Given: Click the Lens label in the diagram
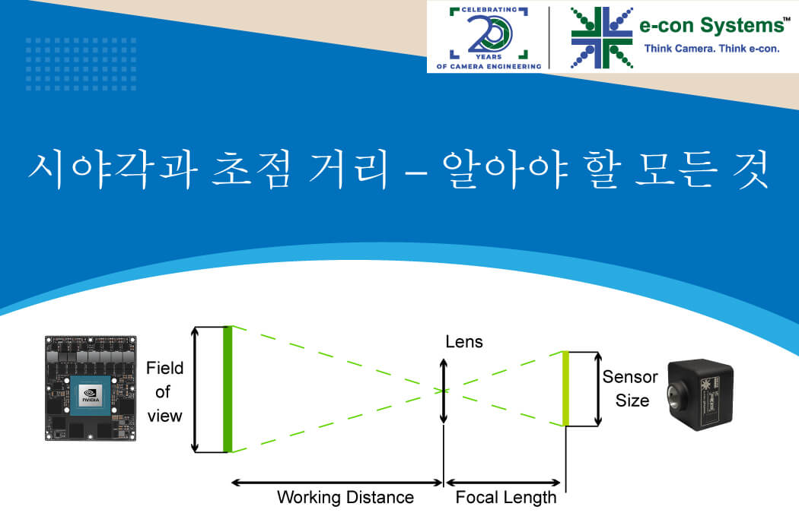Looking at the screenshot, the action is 463,341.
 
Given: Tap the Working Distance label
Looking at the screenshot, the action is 345,497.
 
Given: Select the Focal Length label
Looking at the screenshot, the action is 505,497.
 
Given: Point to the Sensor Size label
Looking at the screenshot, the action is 630,388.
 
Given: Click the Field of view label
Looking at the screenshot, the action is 164,391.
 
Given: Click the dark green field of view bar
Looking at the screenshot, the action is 228,389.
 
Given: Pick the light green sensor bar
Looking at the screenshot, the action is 565,388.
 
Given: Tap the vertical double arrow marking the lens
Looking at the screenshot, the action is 444,391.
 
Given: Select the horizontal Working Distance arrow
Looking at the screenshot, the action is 337,482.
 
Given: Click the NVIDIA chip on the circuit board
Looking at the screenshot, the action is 91,395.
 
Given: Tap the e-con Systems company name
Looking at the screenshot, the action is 711,25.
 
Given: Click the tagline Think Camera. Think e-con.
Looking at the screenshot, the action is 711,49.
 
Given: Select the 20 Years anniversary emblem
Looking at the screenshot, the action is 489,37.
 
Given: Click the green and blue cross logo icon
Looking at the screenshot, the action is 602,37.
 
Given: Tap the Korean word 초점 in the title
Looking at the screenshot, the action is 251,169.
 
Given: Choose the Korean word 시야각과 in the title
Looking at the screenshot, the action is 113,169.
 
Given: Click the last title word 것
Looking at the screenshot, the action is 750,169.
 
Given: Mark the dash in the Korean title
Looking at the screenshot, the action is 416,173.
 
